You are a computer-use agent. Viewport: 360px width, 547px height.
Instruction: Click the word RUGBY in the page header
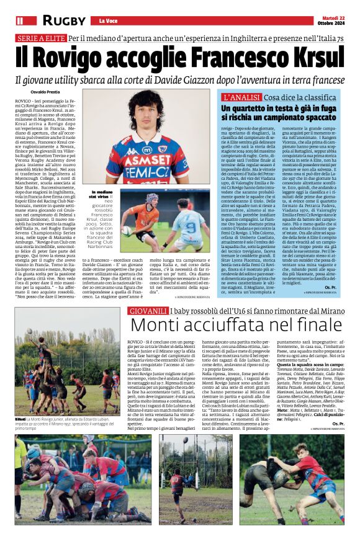coord(64,21)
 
